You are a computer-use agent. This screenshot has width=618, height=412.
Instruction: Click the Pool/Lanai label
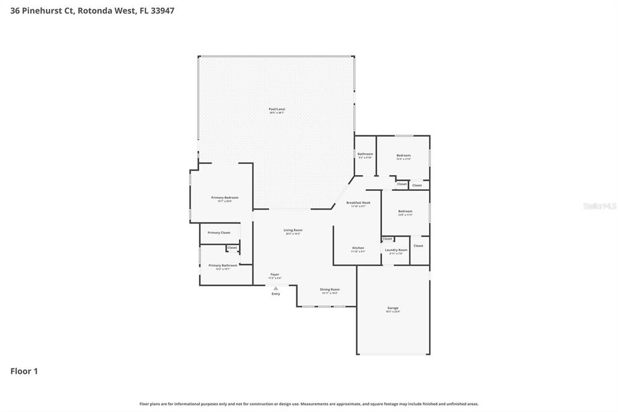(x=276, y=109)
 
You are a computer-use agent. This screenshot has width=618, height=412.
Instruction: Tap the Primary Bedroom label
(x=225, y=198)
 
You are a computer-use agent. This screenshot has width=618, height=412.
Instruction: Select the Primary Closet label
(x=218, y=233)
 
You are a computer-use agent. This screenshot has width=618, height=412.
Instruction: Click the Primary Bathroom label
(x=223, y=266)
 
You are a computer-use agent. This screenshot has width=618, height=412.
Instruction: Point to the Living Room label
(x=293, y=230)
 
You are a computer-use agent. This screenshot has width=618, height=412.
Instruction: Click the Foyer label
(x=275, y=274)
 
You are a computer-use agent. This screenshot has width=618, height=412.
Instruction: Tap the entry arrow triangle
(x=276, y=288)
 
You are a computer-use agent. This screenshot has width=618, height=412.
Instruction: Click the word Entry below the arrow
(x=276, y=294)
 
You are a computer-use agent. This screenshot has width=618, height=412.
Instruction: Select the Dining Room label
(x=330, y=289)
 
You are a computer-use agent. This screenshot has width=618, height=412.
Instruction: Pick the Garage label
(x=393, y=308)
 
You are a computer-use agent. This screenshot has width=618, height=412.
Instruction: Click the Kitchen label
(x=358, y=248)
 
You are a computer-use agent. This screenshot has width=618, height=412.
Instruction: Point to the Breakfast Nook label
(x=358, y=203)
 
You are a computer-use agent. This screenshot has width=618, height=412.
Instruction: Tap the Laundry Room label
(x=396, y=250)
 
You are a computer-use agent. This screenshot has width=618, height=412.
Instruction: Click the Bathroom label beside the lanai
(x=365, y=154)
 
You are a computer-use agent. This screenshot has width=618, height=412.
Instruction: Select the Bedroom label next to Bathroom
(x=403, y=156)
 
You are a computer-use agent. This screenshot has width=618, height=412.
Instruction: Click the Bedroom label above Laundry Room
(x=405, y=211)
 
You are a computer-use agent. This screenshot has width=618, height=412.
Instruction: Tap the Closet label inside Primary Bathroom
(x=232, y=248)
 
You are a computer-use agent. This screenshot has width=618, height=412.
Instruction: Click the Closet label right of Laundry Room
(x=418, y=246)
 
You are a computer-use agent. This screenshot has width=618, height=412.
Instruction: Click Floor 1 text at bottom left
(x=24, y=372)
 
